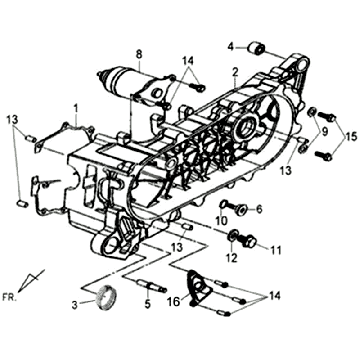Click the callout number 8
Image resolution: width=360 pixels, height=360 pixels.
(x=139, y=53)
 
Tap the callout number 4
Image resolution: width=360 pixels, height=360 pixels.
(x=229, y=46)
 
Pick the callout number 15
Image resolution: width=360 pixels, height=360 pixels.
(x=349, y=134)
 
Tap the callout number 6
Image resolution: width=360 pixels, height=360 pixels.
(x=258, y=209)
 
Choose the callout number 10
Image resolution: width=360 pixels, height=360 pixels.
(x=221, y=220)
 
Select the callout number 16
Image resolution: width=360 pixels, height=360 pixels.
(x=172, y=299)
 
